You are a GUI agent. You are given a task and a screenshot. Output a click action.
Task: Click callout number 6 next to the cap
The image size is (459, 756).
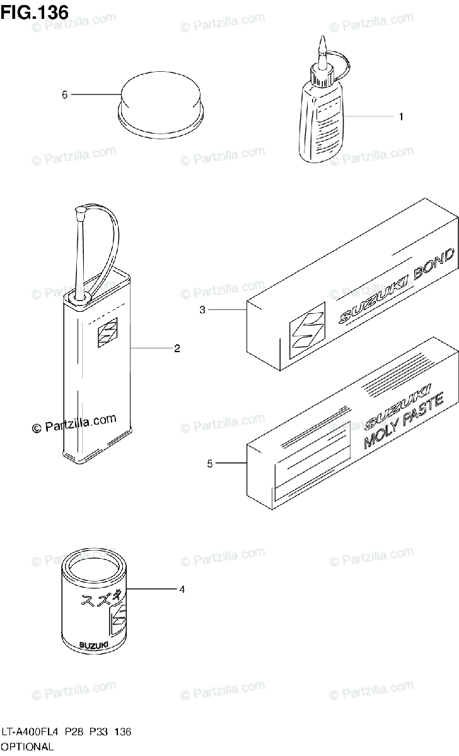pos(64,94)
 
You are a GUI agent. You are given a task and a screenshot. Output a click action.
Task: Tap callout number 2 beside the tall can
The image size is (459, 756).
pos(177,348)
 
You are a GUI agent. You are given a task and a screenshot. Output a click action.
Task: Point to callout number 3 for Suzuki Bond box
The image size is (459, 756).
pos(202,309)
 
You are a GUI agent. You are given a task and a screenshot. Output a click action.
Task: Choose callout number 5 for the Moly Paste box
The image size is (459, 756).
pos(210,464)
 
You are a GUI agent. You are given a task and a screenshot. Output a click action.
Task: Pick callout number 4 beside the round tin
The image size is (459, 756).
pos(182,590)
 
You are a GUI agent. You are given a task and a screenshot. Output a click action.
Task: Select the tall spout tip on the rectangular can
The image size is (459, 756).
pos(81,214)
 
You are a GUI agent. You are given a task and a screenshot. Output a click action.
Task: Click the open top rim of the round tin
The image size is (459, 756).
pos(95,565)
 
